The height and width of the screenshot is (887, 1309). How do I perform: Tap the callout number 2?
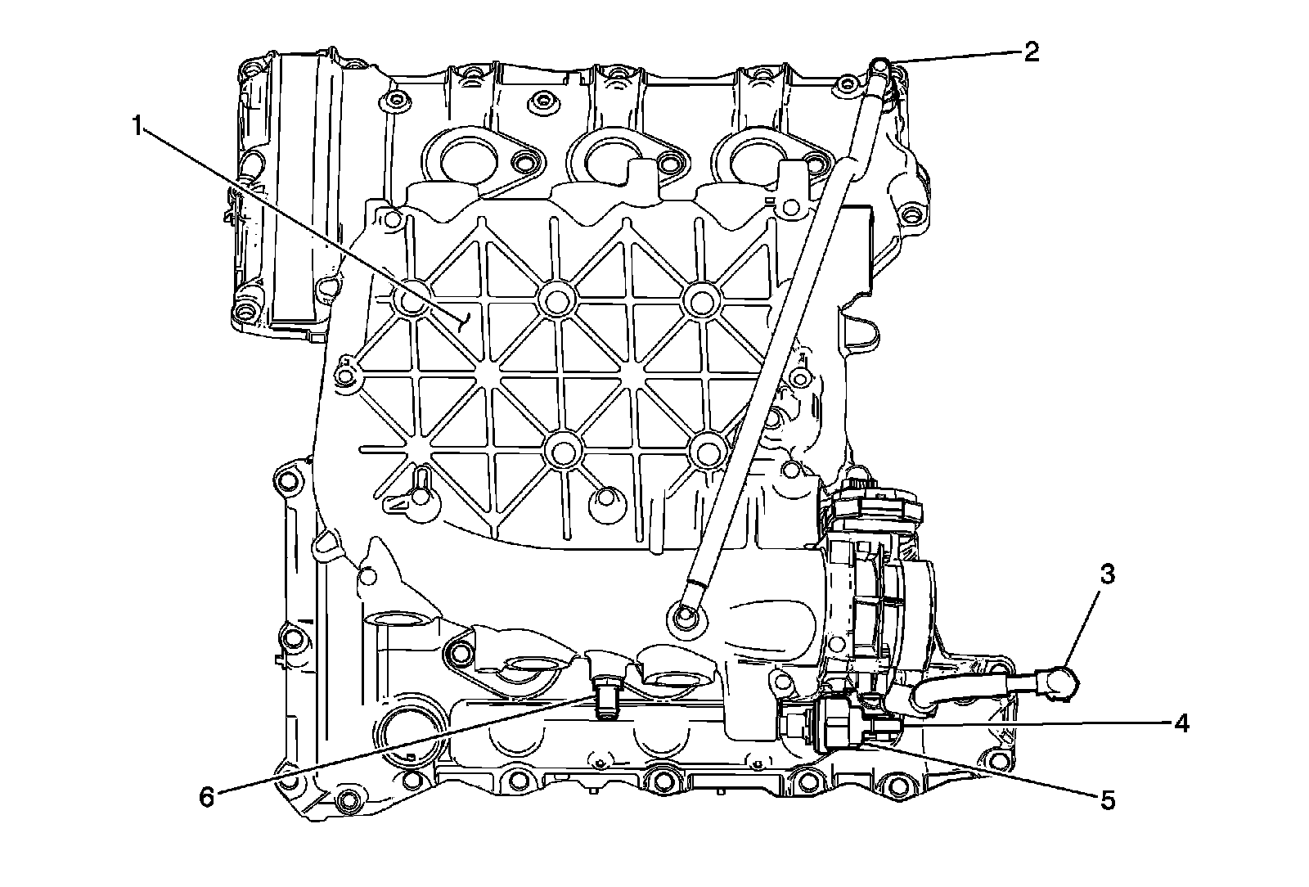[x=1030, y=52]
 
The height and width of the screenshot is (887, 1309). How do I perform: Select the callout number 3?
[x=1106, y=574]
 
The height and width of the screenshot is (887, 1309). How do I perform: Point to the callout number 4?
[x=1180, y=723]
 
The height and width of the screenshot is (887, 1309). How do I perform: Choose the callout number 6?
[x=207, y=795]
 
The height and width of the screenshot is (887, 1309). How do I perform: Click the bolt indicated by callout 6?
[x=606, y=700]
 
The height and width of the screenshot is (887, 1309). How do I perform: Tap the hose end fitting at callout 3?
[x=1059, y=682]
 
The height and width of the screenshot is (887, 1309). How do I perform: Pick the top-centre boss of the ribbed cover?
[x=556, y=299]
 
